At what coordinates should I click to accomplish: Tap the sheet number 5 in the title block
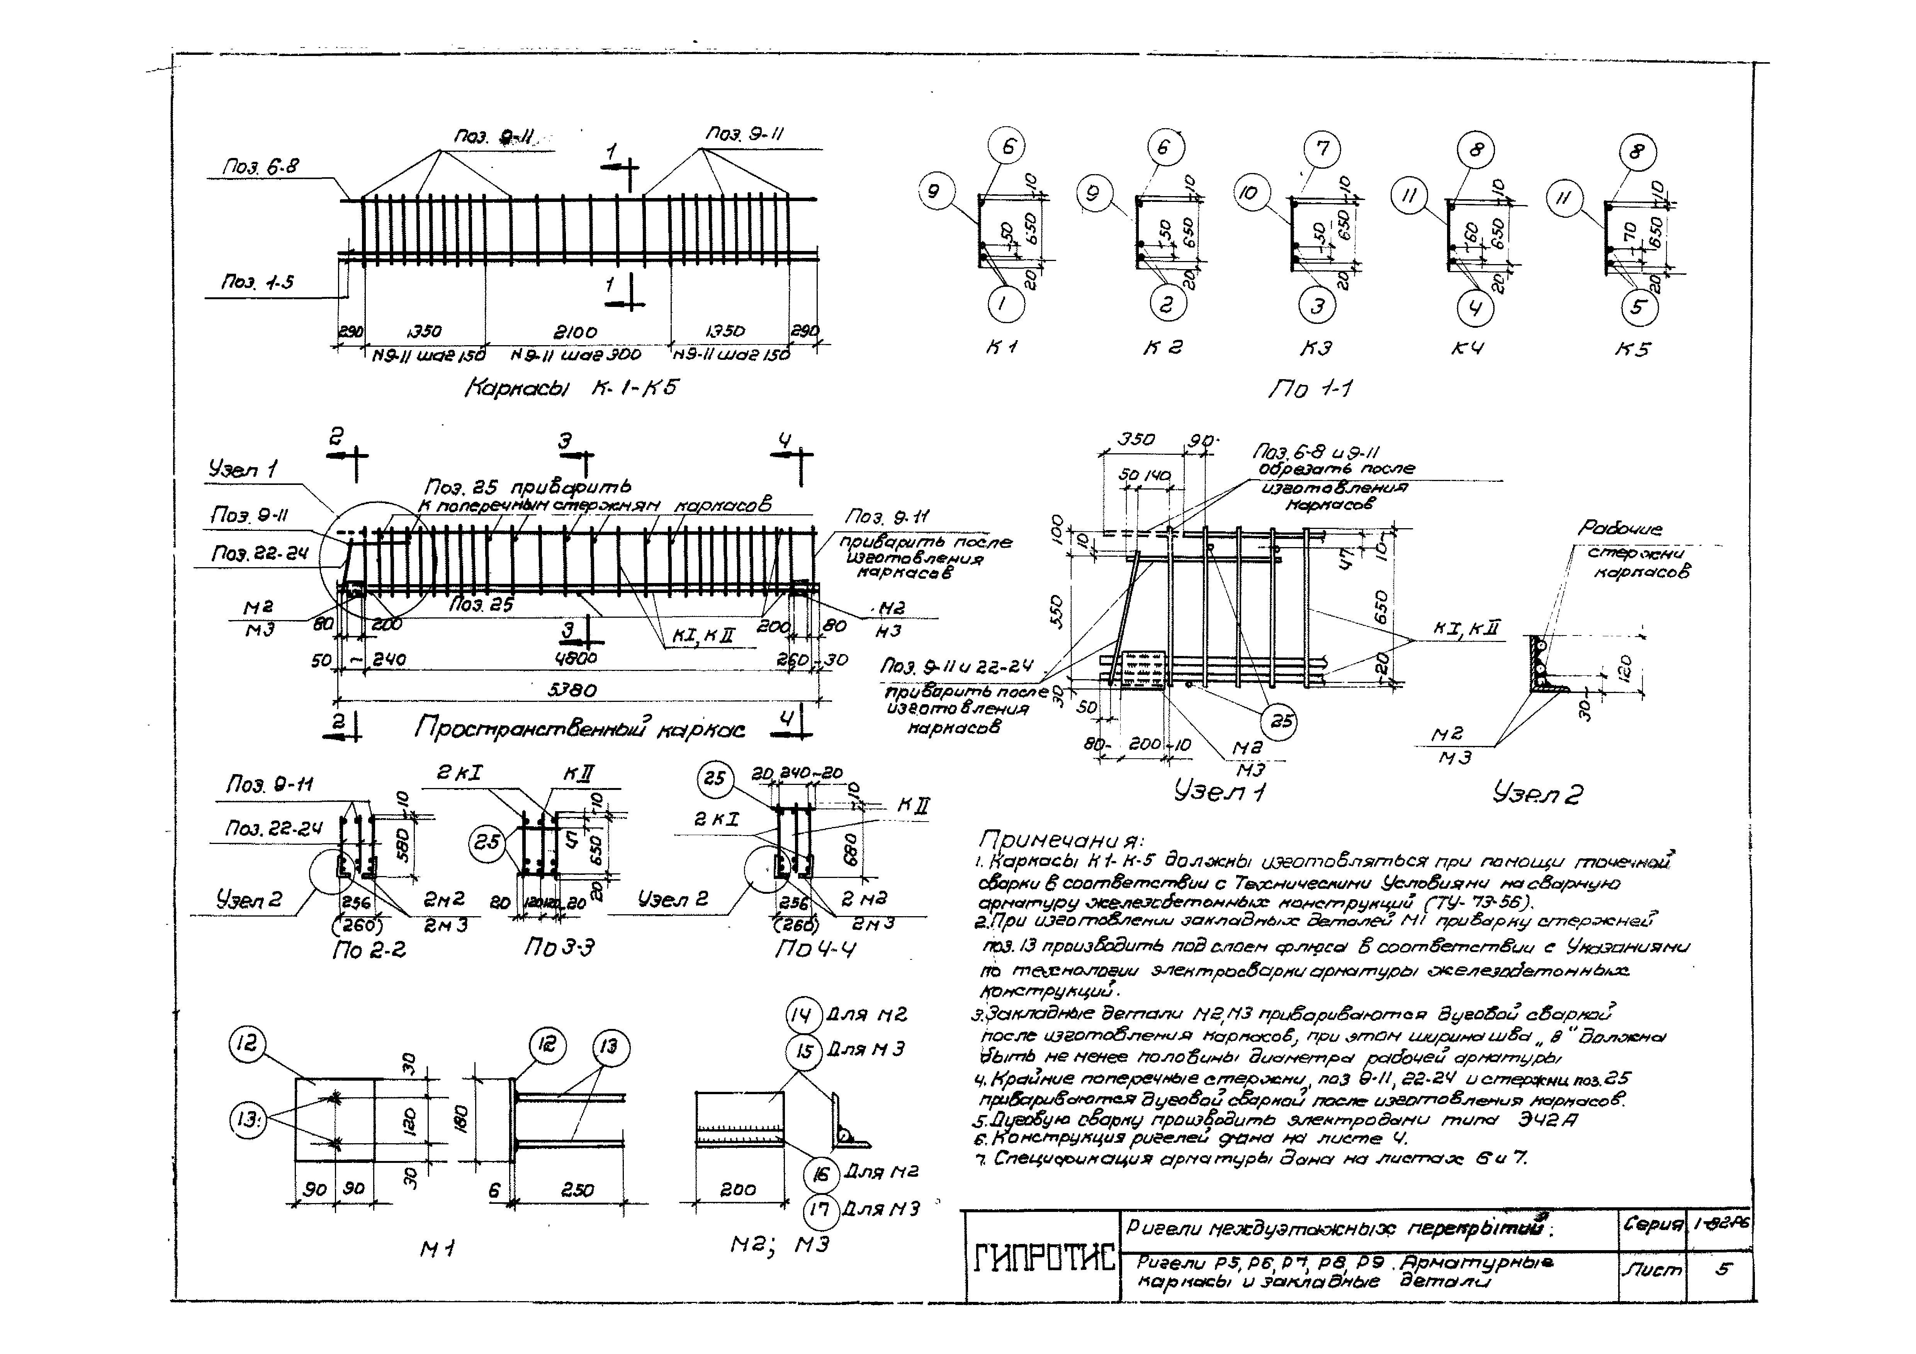pos(1722,1269)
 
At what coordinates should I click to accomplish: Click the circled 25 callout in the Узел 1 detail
pos(1279,721)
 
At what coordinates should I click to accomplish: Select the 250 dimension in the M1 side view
pos(578,1190)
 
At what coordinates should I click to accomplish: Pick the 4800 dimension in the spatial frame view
pos(576,658)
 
